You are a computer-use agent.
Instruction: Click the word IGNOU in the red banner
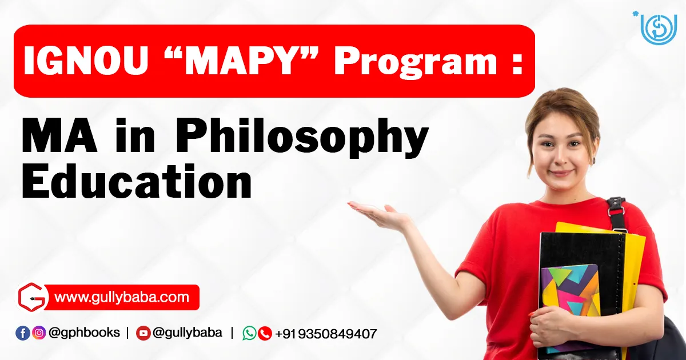coord(86,61)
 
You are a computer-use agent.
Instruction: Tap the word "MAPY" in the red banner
coord(241,61)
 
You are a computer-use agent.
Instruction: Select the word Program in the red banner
coord(415,63)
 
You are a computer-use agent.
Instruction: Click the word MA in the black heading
coord(59,136)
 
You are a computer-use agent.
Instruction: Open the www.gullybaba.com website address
coord(122,298)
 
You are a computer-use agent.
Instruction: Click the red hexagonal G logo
coord(33,297)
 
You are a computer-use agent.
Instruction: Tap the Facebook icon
coord(23,333)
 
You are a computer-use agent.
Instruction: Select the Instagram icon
coord(39,333)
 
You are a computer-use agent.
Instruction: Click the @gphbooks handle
coord(84,333)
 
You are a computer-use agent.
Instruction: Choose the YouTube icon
coord(143,333)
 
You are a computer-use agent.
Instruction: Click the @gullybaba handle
coord(187,333)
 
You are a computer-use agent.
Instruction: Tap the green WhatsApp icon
coord(250,333)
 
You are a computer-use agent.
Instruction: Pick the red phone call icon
coord(265,333)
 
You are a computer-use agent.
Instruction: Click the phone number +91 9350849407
coord(326,334)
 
